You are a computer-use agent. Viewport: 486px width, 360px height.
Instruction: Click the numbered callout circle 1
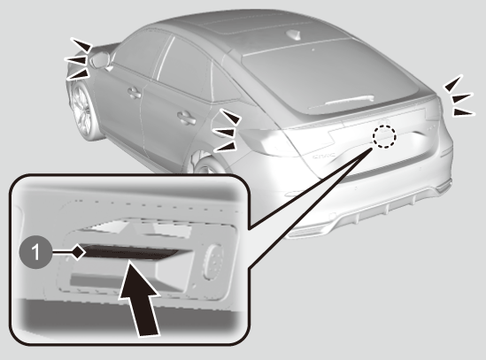click(x=35, y=252)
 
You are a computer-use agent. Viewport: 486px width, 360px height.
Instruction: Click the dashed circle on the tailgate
click(x=384, y=136)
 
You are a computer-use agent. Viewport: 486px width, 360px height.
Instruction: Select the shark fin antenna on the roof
click(x=295, y=35)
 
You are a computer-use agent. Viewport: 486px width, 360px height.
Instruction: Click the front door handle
click(x=135, y=93)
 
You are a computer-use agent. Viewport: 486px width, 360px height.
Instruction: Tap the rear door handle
click(x=187, y=118)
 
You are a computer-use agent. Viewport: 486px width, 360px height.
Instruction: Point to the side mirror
click(x=100, y=60)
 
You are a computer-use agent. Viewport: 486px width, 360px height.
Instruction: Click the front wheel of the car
click(x=82, y=111)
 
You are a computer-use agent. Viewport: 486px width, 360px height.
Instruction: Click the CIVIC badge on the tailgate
click(x=324, y=156)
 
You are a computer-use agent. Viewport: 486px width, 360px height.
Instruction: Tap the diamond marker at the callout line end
click(x=80, y=251)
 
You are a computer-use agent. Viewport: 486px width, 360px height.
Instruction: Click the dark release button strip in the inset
click(x=128, y=252)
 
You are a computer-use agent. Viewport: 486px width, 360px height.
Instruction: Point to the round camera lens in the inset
click(x=213, y=262)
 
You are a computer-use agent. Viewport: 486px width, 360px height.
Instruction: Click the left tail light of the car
click(x=266, y=142)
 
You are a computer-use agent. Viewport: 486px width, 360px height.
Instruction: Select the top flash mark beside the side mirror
click(x=81, y=44)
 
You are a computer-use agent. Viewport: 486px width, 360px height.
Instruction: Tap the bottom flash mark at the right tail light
click(x=464, y=111)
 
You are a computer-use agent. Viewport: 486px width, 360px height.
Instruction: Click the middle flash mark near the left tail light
click(x=224, y=133)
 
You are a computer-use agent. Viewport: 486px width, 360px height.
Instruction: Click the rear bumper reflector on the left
click(x=295, y=194)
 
